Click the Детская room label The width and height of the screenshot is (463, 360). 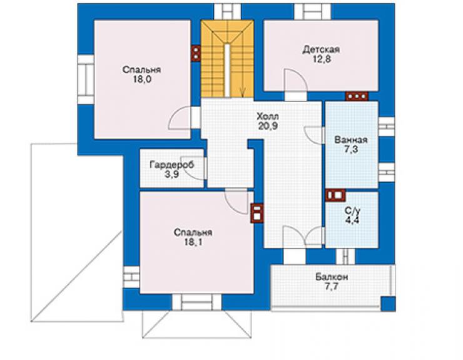321,49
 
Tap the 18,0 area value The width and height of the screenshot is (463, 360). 142,80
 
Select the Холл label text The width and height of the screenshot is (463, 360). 268,116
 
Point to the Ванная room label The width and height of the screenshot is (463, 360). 351,140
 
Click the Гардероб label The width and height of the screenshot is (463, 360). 172,165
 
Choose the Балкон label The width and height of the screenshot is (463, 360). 332,277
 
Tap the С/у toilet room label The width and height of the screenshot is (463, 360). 352,211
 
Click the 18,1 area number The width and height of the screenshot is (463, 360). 193,242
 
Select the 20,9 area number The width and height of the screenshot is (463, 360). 268,126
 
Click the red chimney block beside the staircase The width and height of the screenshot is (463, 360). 196,53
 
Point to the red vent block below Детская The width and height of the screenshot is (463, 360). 357,96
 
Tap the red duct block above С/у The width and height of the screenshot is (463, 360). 335,195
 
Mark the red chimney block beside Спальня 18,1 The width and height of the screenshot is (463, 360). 257,213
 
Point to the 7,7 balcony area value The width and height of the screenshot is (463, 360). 332,287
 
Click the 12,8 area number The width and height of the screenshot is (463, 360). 322,59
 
